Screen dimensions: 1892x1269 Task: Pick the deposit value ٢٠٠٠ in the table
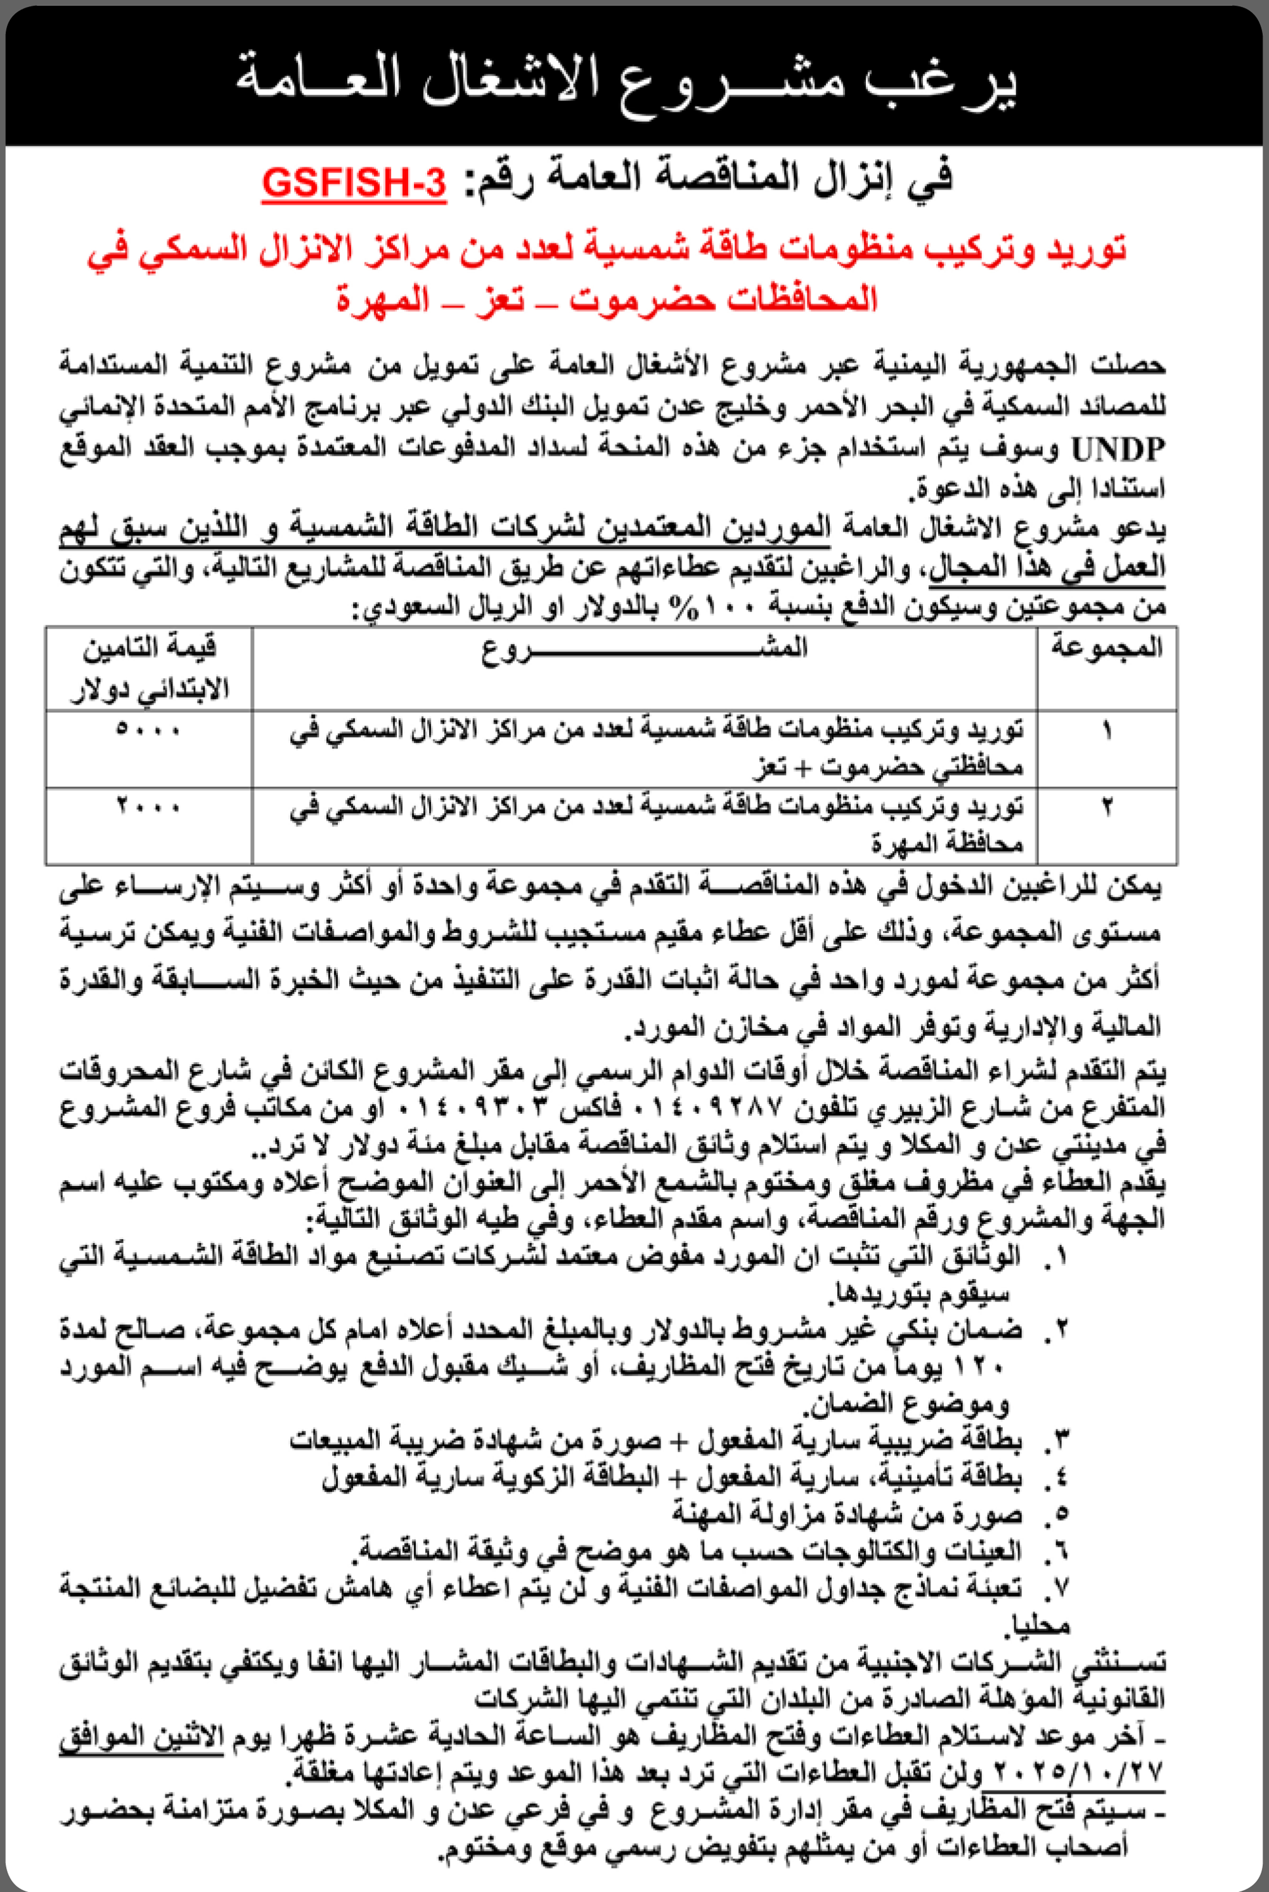pyautogui.click(x=148, y=807)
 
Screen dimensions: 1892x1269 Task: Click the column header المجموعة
pyautogui.click(x=1106, y=648)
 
